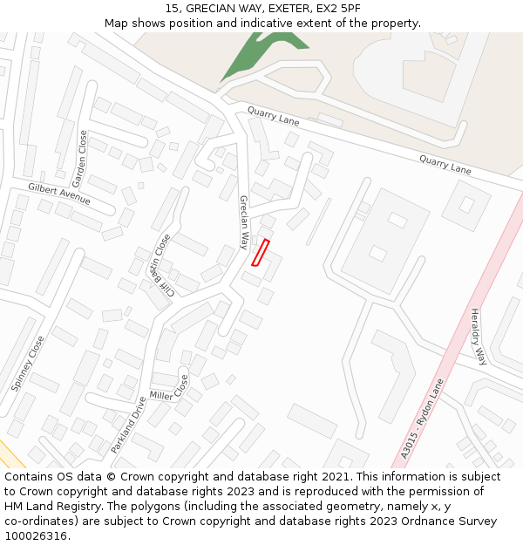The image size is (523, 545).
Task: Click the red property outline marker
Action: (x=260, y=252)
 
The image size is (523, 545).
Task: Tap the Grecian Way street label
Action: (x=245, y=222)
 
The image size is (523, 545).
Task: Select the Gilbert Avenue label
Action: (x=59, y=194)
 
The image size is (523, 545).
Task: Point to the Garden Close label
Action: (x=81, y=159)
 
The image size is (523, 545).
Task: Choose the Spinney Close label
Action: (x=27, y=364)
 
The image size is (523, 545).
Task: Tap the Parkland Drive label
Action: (x=127, y=426)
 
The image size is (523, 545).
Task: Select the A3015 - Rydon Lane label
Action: (x=423, y=419)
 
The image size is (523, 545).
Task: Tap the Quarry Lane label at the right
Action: (x=445, y=165)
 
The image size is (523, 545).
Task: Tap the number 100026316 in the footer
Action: (x=36, y=536)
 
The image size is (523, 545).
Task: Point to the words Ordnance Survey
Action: (x=450, y=521)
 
